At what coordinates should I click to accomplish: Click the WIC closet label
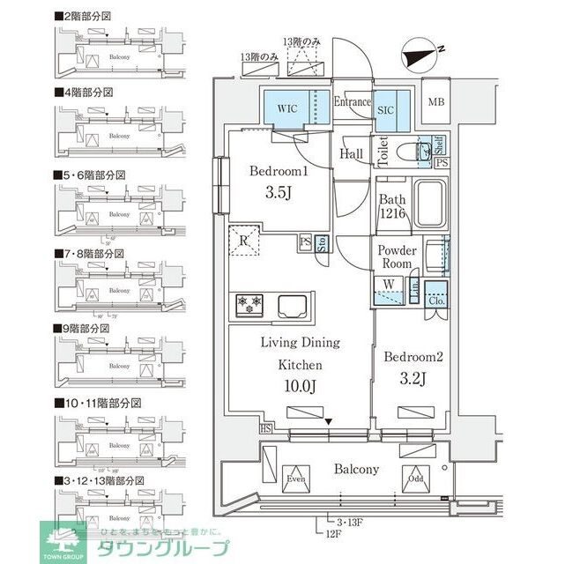pos(288,108)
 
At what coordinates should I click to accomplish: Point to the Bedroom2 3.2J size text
pos(413,379)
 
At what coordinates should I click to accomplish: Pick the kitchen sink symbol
pos(293,307)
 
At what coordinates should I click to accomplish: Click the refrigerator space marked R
pos(242,240)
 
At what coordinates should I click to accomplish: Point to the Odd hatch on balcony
pos(414,479)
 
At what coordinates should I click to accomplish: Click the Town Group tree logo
pos(62,539)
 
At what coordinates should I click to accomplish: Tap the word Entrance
pos(353,102)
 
